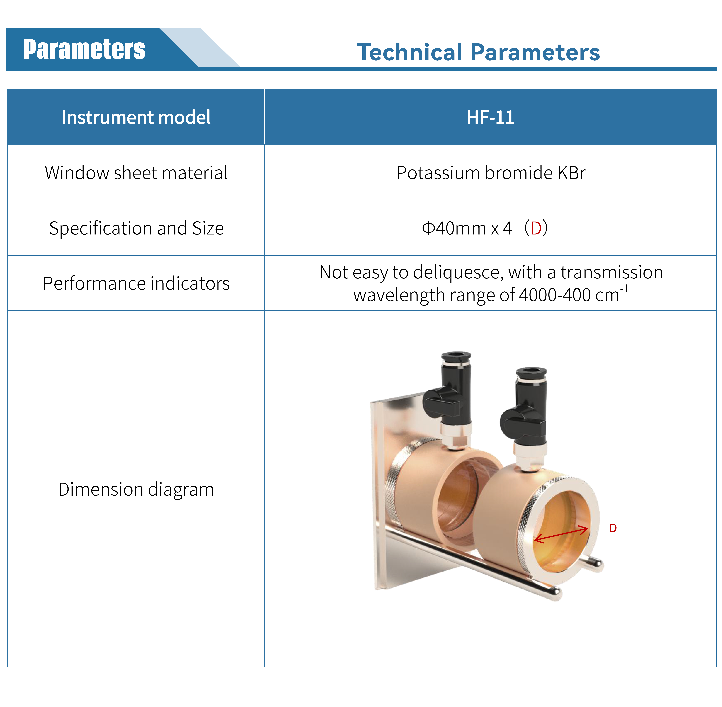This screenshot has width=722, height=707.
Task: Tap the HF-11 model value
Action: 490,117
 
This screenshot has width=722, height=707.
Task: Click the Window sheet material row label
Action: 136,173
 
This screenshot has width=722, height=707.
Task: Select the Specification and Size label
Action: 136,228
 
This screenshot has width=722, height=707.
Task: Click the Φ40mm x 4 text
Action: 467,228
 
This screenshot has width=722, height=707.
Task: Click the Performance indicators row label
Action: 136,283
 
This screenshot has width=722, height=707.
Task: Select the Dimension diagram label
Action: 136,489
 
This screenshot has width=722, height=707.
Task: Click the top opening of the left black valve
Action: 456,355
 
